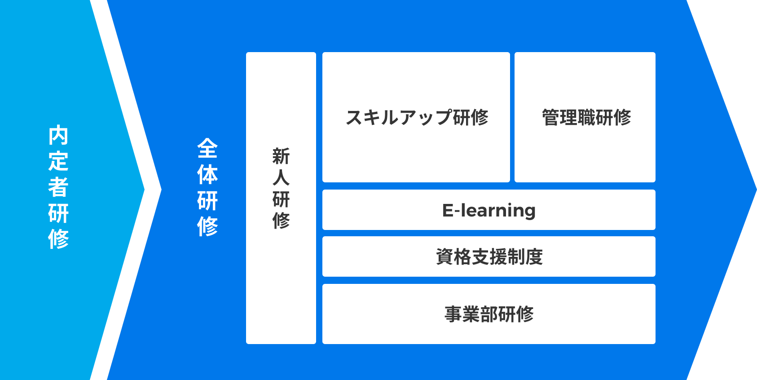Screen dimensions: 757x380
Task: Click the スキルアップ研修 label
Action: coord(417,117)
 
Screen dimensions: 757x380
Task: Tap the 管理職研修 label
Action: coord(586,117)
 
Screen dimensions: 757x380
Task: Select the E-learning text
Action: coord(489,211)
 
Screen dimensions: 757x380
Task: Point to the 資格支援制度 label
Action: coord(489,256)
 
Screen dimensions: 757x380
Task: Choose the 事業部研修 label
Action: coord(489,314)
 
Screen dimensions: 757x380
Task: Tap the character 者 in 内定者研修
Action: coord(58,187)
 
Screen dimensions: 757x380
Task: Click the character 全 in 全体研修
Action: coord(207,148)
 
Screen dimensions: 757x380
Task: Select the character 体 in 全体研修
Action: coord(207,174)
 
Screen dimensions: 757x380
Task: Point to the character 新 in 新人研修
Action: coord(281,156)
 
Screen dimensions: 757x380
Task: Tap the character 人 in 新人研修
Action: coord(281,178)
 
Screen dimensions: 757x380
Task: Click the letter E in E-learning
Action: coord(448,210)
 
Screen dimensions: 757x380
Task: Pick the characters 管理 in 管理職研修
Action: coord(559,117)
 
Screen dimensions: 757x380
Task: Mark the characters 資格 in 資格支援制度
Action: coord(453,256)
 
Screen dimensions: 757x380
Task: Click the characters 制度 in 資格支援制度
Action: coord(525,256)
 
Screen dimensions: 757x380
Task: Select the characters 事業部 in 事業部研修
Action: coord(471,314)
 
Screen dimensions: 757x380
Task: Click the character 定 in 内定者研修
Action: coord(58,161)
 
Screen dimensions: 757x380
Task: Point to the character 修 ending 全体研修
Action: coord(207,226)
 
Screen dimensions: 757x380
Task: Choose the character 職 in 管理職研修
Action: coord(586,117)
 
